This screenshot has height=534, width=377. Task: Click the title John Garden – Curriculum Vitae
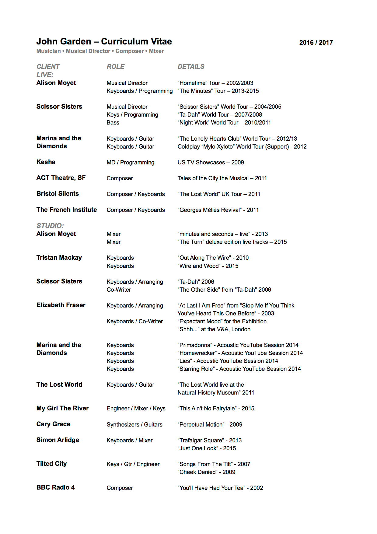pos(104,41)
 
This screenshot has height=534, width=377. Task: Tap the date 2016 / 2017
pos(316,43)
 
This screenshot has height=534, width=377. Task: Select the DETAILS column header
pos(191,67)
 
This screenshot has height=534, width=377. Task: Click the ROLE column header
pos(116,67)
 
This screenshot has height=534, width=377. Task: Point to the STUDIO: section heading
pos(50,226)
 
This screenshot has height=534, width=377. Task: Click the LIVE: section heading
pos(45,75)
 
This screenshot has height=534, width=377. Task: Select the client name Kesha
pos(46,162)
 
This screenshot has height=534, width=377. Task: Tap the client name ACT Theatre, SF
pos(61,178)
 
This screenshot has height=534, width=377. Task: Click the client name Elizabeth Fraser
pos(61,305)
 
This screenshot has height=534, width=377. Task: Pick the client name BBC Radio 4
pos(55,487)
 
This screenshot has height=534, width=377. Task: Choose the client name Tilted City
pos(51,464)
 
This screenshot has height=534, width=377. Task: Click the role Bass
pos(113,122)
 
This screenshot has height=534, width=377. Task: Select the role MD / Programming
pos(130,162)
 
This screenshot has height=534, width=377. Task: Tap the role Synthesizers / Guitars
pos(134,424)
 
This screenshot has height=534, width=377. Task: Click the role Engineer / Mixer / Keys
pos(136,408)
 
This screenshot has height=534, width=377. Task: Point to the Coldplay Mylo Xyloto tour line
pos(242,146)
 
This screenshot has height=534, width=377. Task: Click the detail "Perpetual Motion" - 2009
pos(210,424)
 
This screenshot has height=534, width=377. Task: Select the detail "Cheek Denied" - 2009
pos(206,472)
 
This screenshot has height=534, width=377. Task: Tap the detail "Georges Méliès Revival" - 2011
pos(218,210)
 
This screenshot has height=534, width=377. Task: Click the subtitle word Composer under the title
pos(129,51)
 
